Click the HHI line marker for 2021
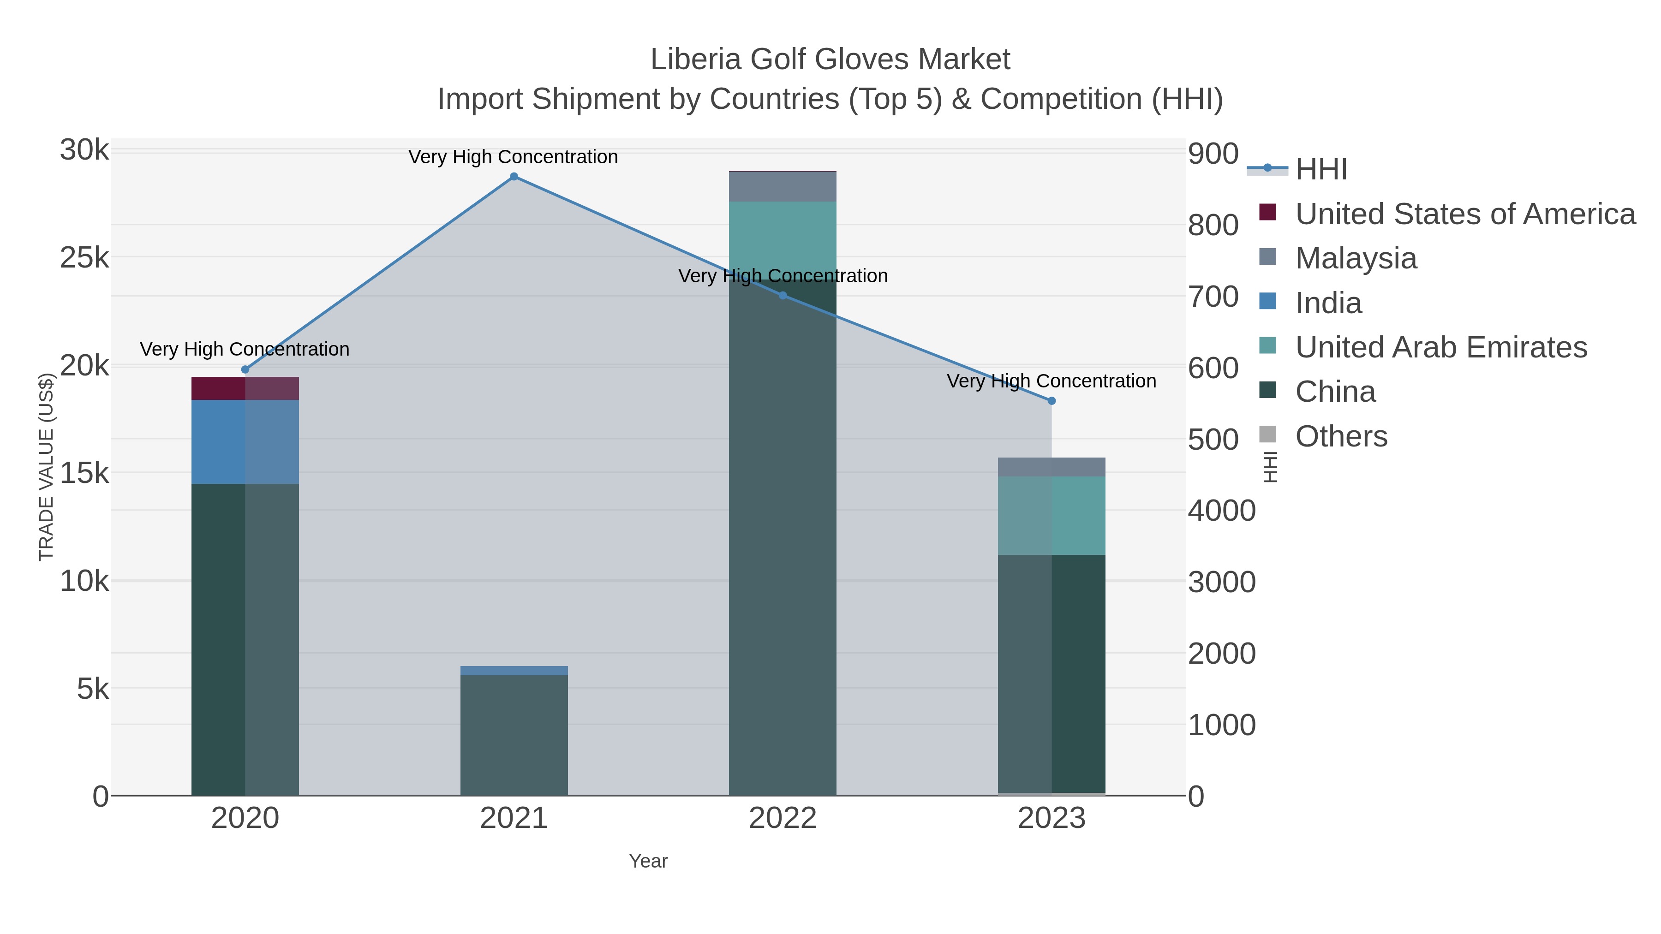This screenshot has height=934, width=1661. (514, 177)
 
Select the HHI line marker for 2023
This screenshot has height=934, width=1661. (1052, 401)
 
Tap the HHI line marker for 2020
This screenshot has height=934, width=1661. (245, 369)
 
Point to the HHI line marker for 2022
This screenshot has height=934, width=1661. (783, 295)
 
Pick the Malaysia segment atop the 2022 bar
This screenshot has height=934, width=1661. (783, 186)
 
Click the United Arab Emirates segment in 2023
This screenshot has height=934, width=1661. (1052, 516)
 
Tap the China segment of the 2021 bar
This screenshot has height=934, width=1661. (514, 735)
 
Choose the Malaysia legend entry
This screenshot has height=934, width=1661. (1356, 258)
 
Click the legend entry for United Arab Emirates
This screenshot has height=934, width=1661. (1440, 347)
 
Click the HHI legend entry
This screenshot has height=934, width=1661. (1320, 170)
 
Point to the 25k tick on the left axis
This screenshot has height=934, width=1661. (84, 258)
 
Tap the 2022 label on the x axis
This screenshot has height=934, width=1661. (783, 819)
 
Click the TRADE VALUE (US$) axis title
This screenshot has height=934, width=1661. (47, 467)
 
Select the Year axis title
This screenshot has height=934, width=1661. (648, 861)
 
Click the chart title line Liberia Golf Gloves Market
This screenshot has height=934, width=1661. (830, 59)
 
